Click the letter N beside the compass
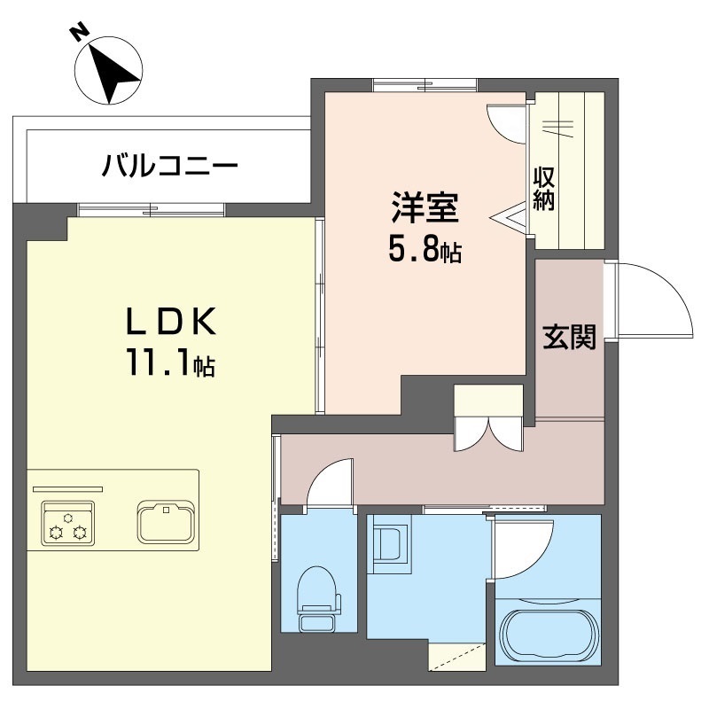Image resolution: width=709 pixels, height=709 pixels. (79, 33)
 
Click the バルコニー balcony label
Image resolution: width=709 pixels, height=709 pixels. (170, 166)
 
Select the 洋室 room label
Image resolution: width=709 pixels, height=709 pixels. (425, 207)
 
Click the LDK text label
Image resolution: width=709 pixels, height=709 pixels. (171, 321)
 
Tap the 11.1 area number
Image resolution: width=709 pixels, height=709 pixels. (159, 362)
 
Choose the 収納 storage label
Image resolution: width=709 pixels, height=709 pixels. (544, 189)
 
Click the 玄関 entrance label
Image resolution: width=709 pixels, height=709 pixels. (569, 337)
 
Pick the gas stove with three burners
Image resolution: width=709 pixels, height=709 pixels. (68, 523)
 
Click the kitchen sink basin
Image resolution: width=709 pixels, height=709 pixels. (167, 521)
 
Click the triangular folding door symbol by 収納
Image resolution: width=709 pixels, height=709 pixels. (509, 218)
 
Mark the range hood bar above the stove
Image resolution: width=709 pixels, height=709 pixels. (68, 489)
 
